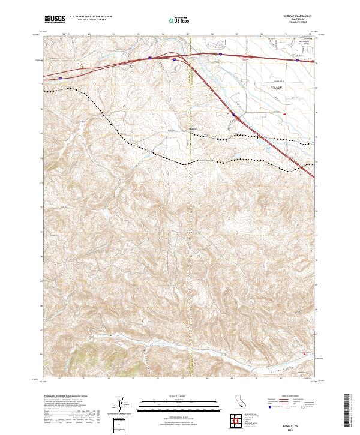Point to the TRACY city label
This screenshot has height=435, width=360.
coord(276,88)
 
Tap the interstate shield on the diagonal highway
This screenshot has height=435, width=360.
coord(235,115)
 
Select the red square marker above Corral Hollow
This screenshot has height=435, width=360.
coord(304,354)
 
